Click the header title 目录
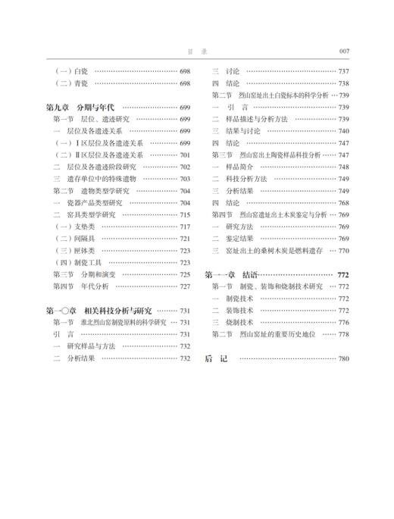[196, 52]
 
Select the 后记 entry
[216, 358]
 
